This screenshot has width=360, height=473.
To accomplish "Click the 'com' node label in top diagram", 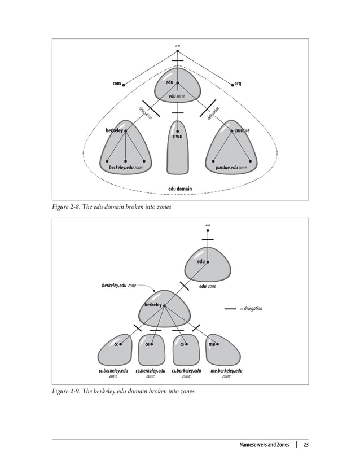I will click(117, 84).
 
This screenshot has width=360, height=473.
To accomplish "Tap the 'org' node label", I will click(238, 84).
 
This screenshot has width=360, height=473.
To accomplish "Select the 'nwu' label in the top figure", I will click(177, 136).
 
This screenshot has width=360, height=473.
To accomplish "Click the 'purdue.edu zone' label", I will click(231, 168).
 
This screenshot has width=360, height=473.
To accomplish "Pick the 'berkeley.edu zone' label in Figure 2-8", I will click(125, 168).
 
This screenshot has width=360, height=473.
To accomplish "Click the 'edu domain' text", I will click(180, 189).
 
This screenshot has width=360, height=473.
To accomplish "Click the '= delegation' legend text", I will click(251, 309).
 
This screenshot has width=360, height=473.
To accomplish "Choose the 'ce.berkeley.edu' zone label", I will click(150, 371).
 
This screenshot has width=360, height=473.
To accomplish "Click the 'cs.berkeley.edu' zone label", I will click(186, 371).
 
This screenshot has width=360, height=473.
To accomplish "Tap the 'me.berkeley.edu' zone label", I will click(226, 371).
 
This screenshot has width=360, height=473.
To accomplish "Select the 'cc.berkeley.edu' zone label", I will click(113, 371).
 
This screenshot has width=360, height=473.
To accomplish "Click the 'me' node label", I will click(212, 343).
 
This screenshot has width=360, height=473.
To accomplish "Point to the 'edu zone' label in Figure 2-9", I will click(208, 286).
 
